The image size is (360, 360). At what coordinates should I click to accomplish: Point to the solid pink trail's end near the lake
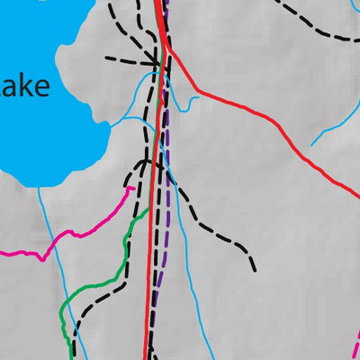[x=133, y=188]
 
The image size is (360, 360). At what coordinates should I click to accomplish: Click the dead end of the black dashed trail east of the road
[x=255, y=269]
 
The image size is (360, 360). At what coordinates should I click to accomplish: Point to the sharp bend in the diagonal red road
[x=196, y=90]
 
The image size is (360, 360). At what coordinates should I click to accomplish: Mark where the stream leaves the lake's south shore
[x=40, y=188]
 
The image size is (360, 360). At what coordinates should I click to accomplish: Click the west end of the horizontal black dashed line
[x=106, y=58]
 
